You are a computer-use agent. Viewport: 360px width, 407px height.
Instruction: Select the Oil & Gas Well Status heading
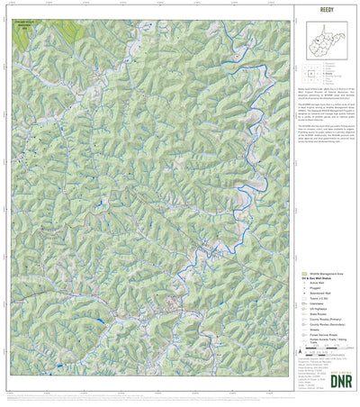tap(317, 278)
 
